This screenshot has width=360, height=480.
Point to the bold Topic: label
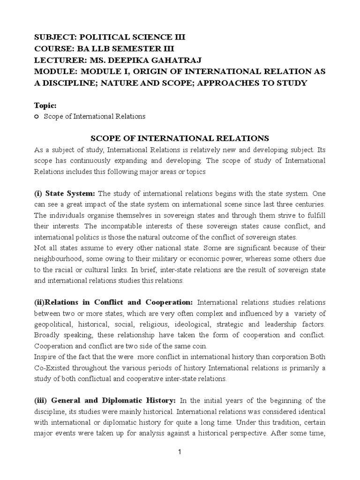pos(45,106)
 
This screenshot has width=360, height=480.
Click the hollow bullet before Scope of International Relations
pos(37,116)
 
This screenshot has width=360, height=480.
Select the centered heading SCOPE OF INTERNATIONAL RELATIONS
pos(179,138)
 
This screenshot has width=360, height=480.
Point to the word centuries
pos(310,205)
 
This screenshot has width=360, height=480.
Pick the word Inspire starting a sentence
pos(45,357)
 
